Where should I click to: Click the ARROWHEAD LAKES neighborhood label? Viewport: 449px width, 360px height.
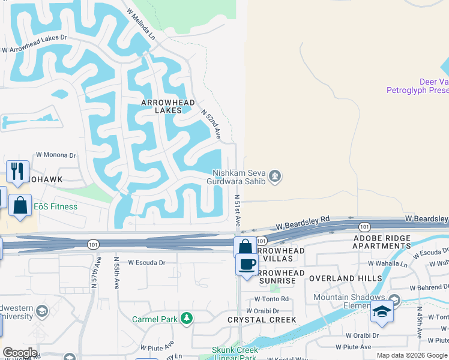pyautogui.click(x=168, y=106)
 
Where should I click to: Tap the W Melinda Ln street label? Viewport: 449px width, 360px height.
pyautogui.click(x=140, y=25)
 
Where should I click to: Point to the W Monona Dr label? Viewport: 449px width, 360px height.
pyautogui.click(x=57, y=155)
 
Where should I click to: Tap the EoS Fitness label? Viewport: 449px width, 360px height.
pyautogui.click(x=55, y=207)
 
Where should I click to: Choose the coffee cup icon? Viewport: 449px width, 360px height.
pyautogui.click(x=246, y=265)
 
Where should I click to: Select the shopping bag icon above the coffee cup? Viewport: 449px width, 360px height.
pyautogui.click(x=245, y=247)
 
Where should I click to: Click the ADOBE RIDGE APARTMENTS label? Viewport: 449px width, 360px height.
pyautogui.click(x=382, y=242)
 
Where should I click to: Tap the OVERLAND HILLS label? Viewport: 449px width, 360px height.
pyautogui.click(x=345, y=278)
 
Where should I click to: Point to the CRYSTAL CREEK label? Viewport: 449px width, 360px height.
pyautogui.click(x=262, y=320)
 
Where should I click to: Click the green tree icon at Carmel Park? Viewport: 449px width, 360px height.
pyautogui.click(x=187, y=317)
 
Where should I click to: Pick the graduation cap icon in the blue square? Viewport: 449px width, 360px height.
pyautogui.click(x=381, y=311)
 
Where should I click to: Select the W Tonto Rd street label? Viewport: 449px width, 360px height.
pyautogui.click(x=271, y=299)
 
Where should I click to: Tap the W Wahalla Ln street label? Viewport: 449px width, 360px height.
pyautogui.click(x=388, y=263)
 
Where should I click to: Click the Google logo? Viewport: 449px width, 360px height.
pyautogui.click(x=20, y=353)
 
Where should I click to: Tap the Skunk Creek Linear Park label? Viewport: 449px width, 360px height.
pyautogui.click(x=235, y=353)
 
